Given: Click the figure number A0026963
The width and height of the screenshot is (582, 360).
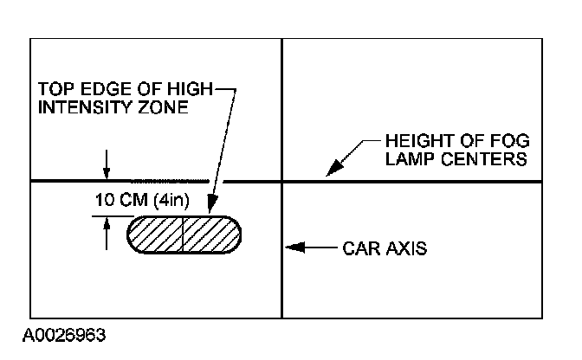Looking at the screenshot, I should (x=59, y=333).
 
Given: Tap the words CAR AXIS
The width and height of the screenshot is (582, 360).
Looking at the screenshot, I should (x=385, y=248).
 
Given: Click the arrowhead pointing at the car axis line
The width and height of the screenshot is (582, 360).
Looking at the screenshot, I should (x=293, y=248).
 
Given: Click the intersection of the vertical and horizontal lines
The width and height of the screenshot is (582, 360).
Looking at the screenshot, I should (x=282, y=182).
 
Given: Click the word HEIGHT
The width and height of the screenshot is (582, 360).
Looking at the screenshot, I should (x=415, y=141).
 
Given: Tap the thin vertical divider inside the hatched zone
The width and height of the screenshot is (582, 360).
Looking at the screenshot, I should (x=184, y=235).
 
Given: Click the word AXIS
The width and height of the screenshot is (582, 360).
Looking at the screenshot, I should (x=406, y=248).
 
